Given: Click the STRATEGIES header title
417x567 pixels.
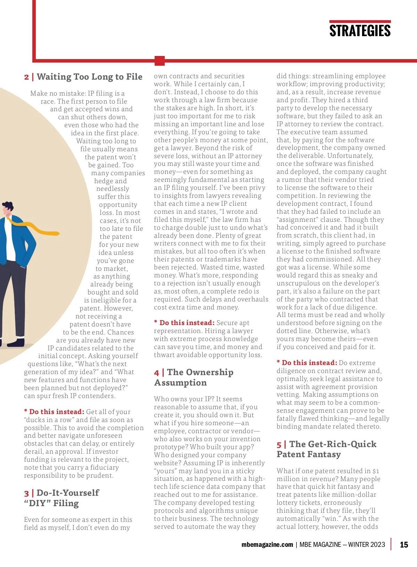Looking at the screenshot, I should (360, 31).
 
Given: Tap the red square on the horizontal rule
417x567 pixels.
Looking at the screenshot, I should (160, 60).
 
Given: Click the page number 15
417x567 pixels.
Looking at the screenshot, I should (404, 545).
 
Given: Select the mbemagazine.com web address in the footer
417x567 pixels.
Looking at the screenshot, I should (267, 545).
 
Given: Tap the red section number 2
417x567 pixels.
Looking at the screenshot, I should (26, 77).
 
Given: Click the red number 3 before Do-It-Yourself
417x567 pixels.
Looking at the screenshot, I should (26, 493).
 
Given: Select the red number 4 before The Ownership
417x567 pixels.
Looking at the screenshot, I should (156, 373).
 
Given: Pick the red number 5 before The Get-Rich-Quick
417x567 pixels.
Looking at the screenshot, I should (279, 445).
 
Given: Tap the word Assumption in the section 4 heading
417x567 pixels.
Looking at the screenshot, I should (180, 383).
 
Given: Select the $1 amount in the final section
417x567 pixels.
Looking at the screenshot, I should (376, 471).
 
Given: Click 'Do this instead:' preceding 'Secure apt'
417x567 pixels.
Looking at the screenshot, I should (187, 323).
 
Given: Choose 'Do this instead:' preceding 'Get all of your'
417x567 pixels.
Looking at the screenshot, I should (57, 412).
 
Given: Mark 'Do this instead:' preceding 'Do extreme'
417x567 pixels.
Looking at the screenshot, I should (309, 363).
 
